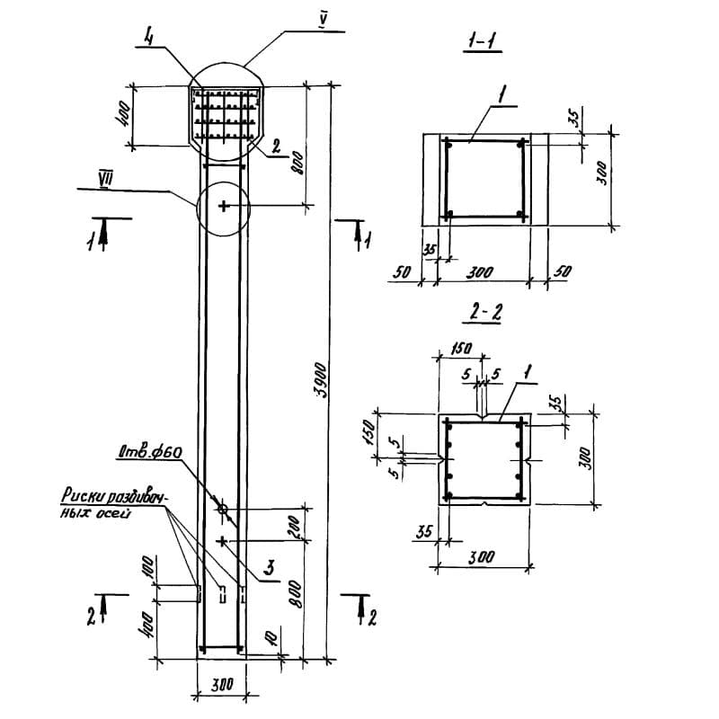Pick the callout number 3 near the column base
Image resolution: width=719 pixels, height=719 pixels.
[269, 568]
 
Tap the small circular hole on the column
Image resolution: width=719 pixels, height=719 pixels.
[222, 510]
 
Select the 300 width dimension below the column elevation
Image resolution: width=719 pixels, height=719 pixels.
[221, 685]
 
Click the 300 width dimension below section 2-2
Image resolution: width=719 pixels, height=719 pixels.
[482, 556]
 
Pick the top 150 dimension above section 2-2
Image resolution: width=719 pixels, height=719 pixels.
[460, 349]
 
